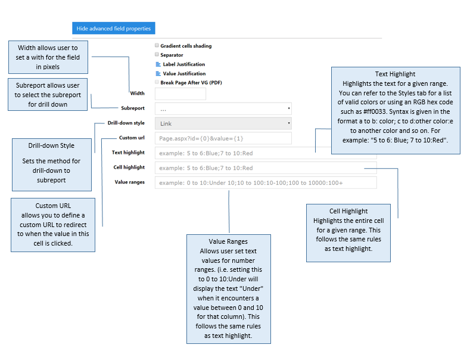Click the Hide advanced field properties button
tap(113, 29)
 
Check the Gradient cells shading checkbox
tap(157, 45)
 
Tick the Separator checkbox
tap(157, 54)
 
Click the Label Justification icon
tap(158, 64)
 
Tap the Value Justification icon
tap(158, 73)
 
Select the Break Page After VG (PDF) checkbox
tap(157, 82)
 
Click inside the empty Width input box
tap(180, 94)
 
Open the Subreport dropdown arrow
tap(288, 108)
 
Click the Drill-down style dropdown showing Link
tap(223, 123)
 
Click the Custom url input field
tap(223, 138)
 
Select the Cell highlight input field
tap(266, 168)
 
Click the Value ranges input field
tap(266, 182)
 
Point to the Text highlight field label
tap(128, 153)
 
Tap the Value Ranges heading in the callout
tap(228, 241)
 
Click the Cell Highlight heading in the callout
tap(348, 211)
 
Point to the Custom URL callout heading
tap(53, 206)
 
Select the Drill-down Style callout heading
tap(51, 145)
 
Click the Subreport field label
tap(133, 108)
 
